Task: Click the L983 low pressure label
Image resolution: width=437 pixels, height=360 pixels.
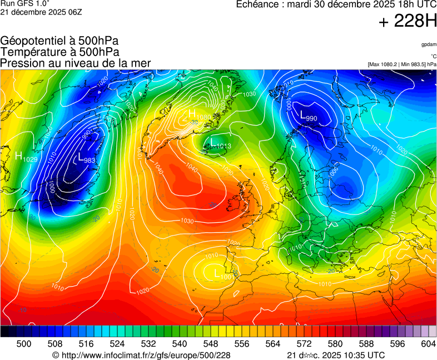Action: (x=87, y=159)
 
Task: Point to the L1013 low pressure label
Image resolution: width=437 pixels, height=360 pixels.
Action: (x=221, y=144)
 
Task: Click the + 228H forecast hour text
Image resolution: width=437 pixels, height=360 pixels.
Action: (x=407, y=22)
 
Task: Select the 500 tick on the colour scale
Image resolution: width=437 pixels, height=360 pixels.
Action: (x=24, y=344)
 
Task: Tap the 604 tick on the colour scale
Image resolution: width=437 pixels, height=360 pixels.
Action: (x=428, y=344)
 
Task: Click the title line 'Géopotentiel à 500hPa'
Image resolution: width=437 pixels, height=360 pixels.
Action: (x=59, y=41)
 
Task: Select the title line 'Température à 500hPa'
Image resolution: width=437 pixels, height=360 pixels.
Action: (x=59, y=52)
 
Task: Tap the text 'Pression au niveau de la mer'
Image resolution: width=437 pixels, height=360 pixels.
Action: (x=76, y=63)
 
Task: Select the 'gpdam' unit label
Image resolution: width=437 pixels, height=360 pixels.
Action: (x=428, y=44)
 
